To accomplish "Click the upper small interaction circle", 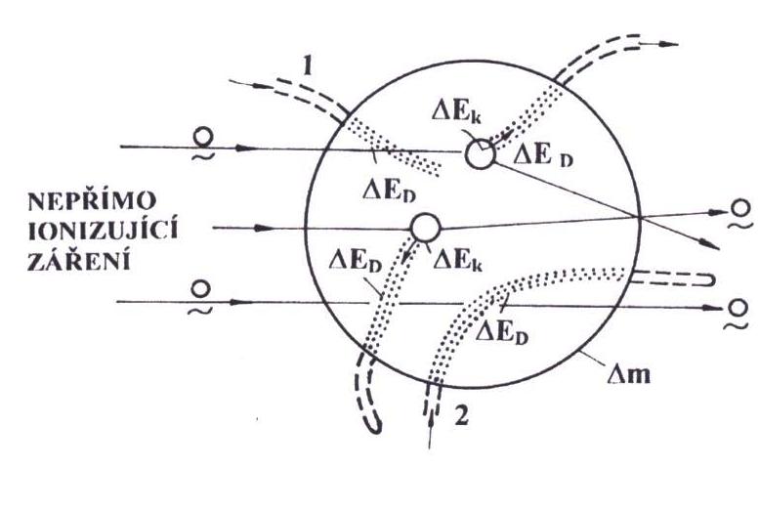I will [x=478, y=153].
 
